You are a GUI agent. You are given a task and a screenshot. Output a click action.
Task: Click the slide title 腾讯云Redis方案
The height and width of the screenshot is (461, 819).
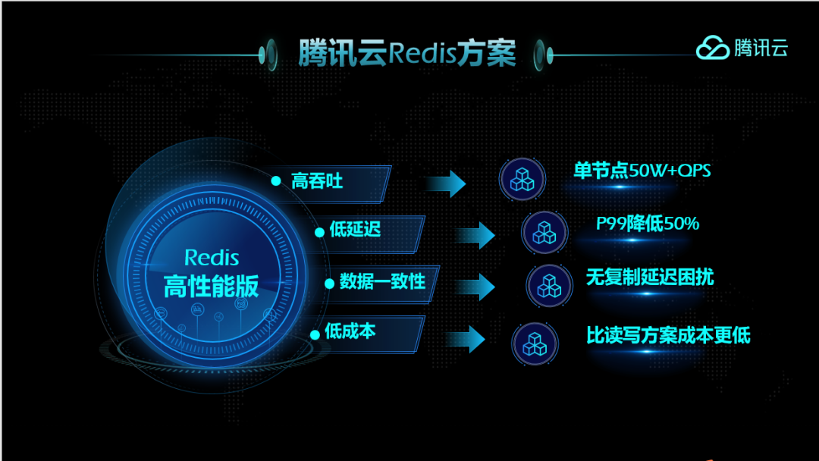click(407, 53)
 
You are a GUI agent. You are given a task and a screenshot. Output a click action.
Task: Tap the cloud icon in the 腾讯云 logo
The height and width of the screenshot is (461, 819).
click(712, 49)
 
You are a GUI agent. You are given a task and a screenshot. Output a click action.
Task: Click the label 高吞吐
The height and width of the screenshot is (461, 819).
click(317, 181)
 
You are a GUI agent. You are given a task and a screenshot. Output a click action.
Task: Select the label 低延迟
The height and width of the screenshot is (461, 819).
click(355, 228)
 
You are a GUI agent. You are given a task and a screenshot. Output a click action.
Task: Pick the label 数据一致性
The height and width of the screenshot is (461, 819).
click(381, 281)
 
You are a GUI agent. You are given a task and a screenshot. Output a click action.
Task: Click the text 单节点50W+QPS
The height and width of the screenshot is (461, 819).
click(642, 170)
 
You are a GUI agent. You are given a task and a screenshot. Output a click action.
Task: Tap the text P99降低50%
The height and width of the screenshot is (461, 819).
click(647, 224)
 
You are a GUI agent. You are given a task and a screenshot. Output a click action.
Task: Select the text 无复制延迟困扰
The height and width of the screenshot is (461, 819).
click(649, 277)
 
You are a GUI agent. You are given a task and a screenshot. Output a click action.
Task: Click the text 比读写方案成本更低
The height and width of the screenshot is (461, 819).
click(668, 334)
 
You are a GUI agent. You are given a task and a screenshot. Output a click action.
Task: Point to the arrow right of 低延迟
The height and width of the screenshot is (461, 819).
click(476, 235)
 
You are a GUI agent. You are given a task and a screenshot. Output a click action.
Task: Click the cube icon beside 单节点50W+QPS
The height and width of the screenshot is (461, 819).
click(522, 180)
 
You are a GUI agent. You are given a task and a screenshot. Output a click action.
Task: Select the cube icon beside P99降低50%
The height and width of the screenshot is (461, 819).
click(544, 231)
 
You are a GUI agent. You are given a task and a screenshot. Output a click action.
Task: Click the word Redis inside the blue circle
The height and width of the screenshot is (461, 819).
click(212, 258)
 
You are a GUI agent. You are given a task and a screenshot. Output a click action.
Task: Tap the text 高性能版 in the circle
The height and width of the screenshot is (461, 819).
click(211, 286)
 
